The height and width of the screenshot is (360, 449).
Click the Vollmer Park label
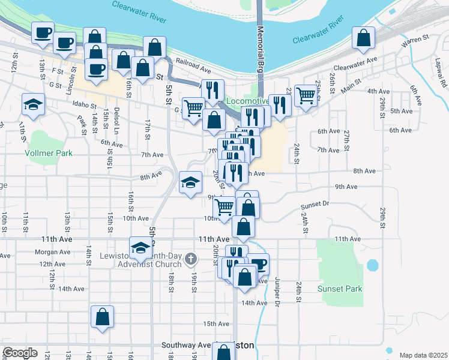tap(49, 153)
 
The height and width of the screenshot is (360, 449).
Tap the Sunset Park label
tap(340, 289)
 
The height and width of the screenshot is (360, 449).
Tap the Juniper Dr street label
tap(277, 293)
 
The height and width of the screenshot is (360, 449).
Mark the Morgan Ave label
tap(53, 252)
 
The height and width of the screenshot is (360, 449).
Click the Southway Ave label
tap(186, 346)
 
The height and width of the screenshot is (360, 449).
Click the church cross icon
tap(190, 259)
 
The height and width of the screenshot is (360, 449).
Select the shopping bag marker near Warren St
tap(363, 38)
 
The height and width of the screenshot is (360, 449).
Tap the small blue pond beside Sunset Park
tap(373, 265)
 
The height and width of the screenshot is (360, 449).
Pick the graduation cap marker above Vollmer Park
tap(33, 105)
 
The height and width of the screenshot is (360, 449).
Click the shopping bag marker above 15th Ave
tap(102, 317)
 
